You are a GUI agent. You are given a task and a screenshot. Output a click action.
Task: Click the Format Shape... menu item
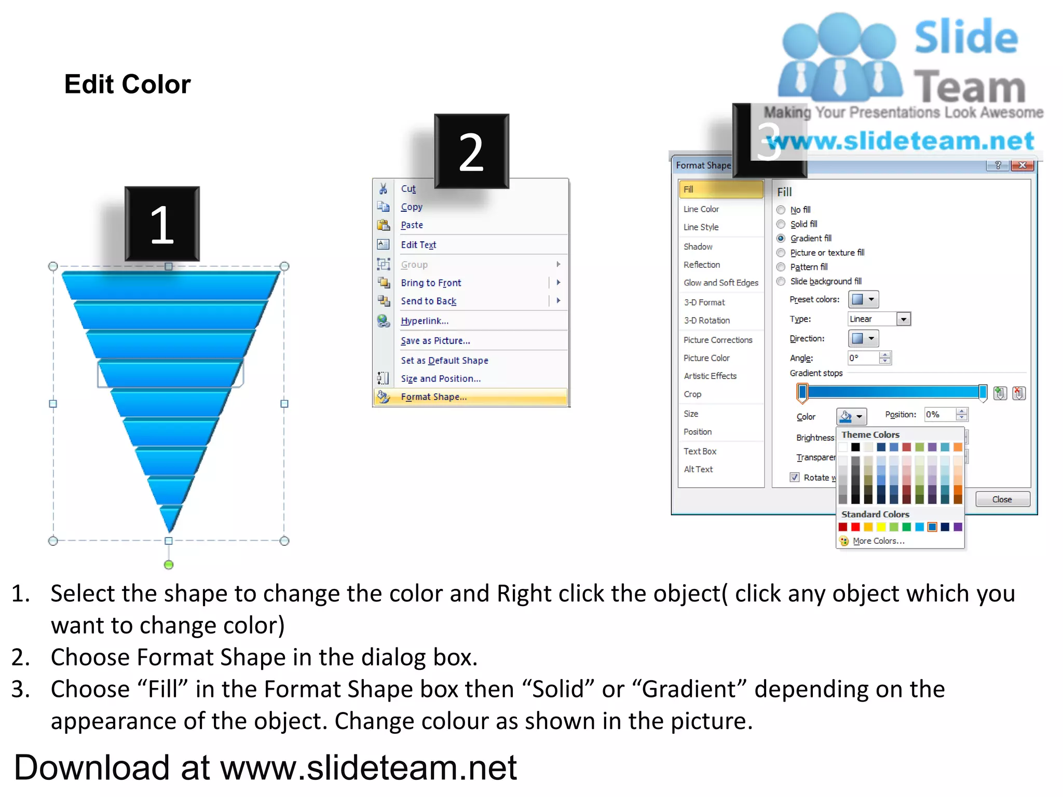[x=433, y=397]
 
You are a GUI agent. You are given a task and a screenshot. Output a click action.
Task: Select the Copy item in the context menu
[x=412, y=207]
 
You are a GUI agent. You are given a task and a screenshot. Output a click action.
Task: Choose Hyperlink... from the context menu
[x=425, y=321]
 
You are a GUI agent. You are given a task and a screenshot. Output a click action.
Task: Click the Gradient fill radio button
[x=781, y=238]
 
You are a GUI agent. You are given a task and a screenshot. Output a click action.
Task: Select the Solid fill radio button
[x=781, y=224]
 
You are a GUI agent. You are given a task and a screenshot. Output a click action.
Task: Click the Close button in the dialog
[x=1002, y=499]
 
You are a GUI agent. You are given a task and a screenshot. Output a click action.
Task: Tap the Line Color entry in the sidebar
[x=701, y=209]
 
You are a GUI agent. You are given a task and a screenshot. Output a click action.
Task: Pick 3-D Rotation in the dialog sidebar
[x=706, y=321]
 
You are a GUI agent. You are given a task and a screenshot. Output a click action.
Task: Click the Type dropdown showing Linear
[x=879, y=319]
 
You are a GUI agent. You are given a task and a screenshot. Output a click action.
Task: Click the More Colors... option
[x=878, y=541]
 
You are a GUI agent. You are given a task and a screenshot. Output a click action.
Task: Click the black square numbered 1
[x=162, y=224]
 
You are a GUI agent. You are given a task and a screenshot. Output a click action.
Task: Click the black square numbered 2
[x=471, y=152]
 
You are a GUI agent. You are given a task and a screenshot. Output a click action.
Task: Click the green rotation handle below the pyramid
[x=169, y=565]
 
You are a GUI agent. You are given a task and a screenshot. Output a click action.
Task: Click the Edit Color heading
[x=128, y=84]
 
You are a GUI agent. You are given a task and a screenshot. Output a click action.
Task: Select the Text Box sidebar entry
[x=700, y=451]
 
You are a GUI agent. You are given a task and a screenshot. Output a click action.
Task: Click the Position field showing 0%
[x=940, y=415]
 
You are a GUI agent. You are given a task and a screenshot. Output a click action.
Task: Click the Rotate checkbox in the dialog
[x=795, y=477]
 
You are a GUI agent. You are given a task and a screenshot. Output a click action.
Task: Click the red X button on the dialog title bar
[x=1023, y=165]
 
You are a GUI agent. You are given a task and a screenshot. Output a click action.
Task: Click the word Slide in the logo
[x=966, y=37]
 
